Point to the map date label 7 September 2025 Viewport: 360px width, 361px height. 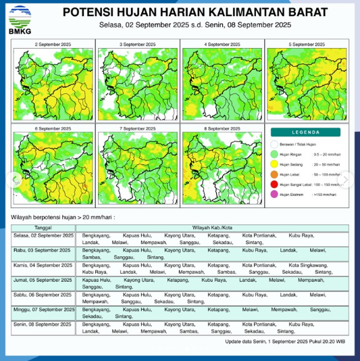pyautogui.click(x=138, y=128)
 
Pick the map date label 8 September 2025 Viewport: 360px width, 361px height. pyautogui.click(x=222, y=128)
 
